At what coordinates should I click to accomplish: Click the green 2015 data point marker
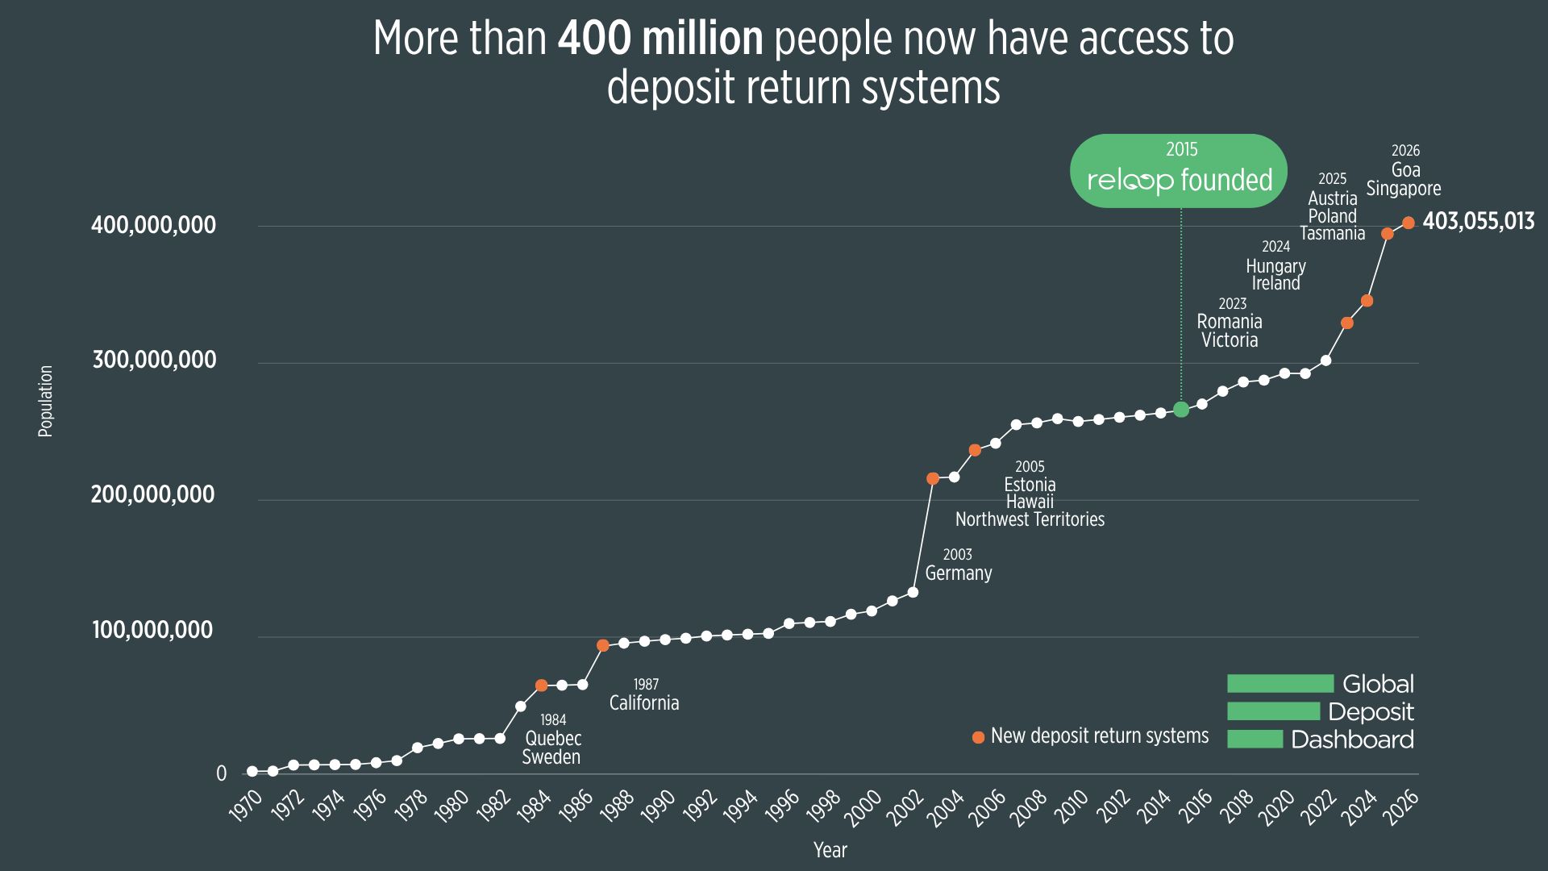click(x=1181, y=410)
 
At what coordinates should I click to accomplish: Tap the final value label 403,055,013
click(x=1478, y=222)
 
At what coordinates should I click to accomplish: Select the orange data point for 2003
click(x=933, y=478)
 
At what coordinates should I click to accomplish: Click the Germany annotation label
click(x=958, y=573)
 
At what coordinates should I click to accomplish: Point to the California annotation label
click(x=643, y=703)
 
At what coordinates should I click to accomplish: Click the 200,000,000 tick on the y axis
click(x=153, y=494)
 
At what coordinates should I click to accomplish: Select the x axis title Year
click(x=830, y=850)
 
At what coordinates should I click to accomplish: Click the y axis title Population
click(x=46, y=402)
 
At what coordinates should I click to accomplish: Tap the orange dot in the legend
click(x=978, y=737)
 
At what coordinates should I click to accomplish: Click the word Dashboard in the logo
click(x=1352, y=740)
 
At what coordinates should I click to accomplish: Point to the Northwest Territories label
click(x=1030, y=519)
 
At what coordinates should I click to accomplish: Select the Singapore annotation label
click(x=1403, y=189)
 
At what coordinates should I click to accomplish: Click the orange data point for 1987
click(x=602, y=645)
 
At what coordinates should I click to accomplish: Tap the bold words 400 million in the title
click(x=660, y=39)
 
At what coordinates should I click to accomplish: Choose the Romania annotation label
click(x=1229, y=322)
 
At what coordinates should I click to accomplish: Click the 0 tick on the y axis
click(x=222, y=773)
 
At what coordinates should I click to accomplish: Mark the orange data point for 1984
click(x=541, y=686)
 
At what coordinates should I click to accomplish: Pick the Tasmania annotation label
click(x=1332, y=234)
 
